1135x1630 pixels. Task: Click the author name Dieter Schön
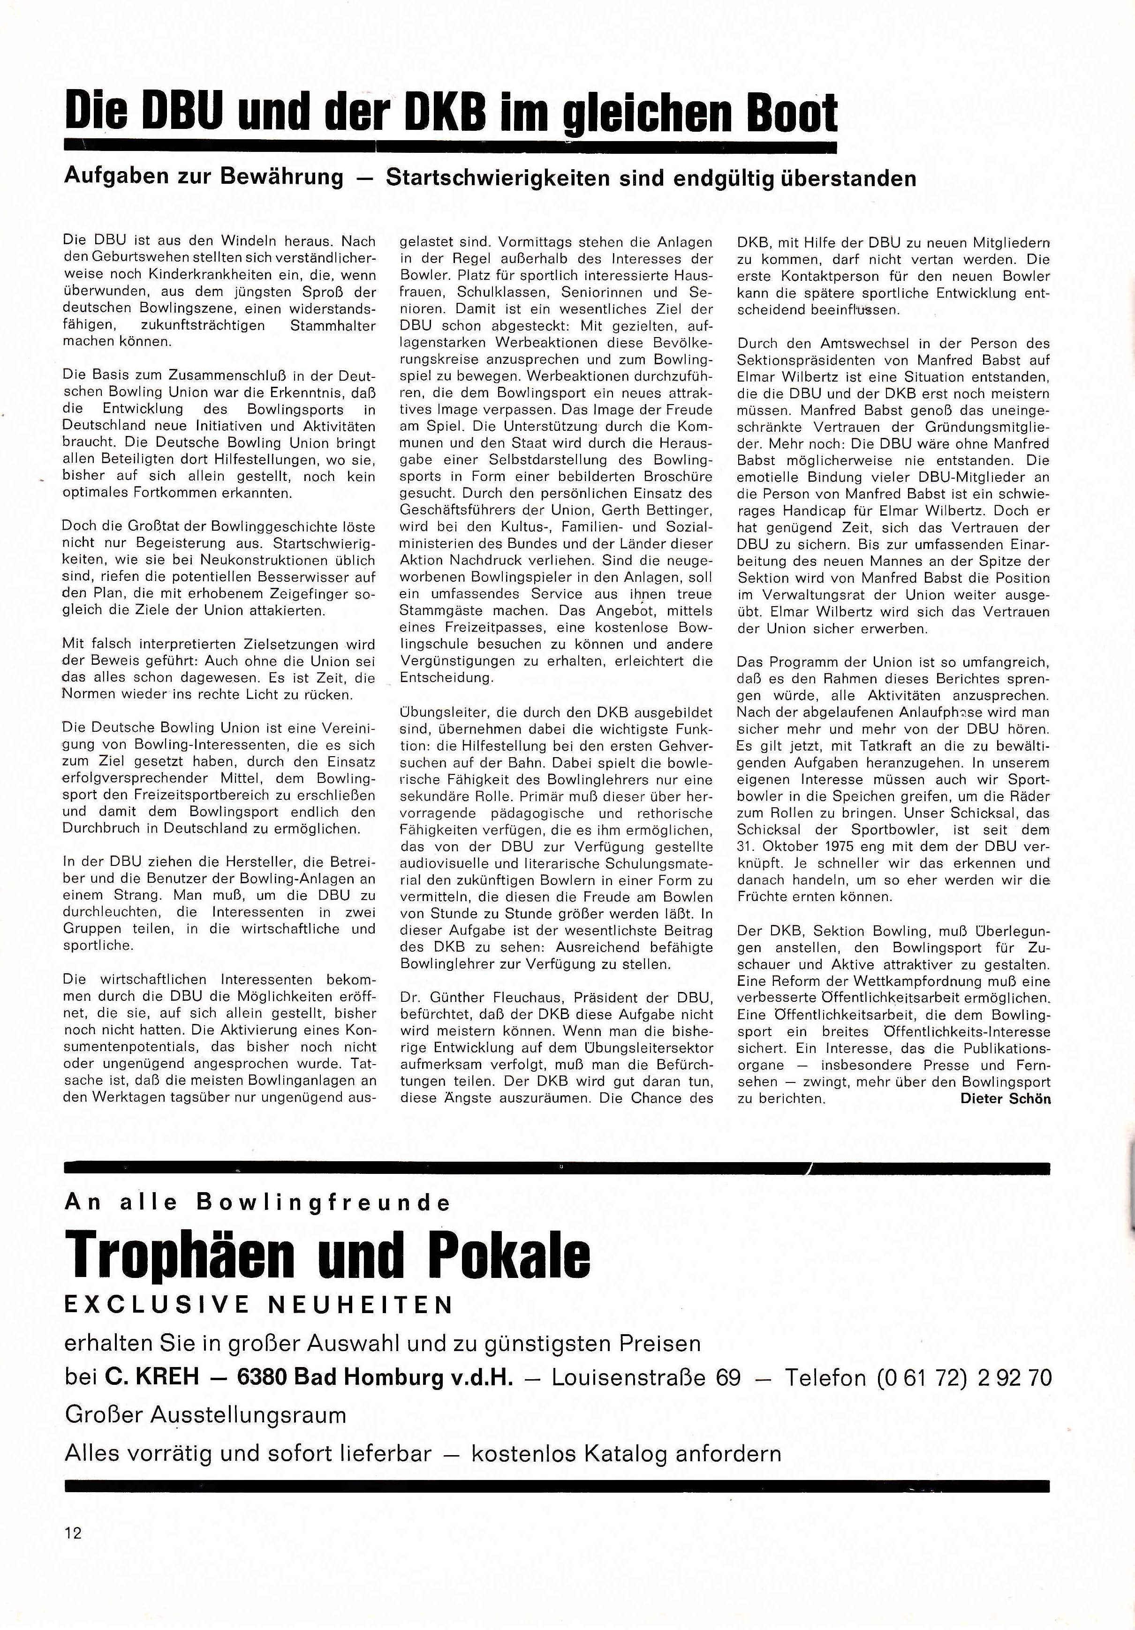[1005, 1098]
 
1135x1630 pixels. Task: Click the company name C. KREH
[152, 1378]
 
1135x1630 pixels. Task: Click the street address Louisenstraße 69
[646, 1378]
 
